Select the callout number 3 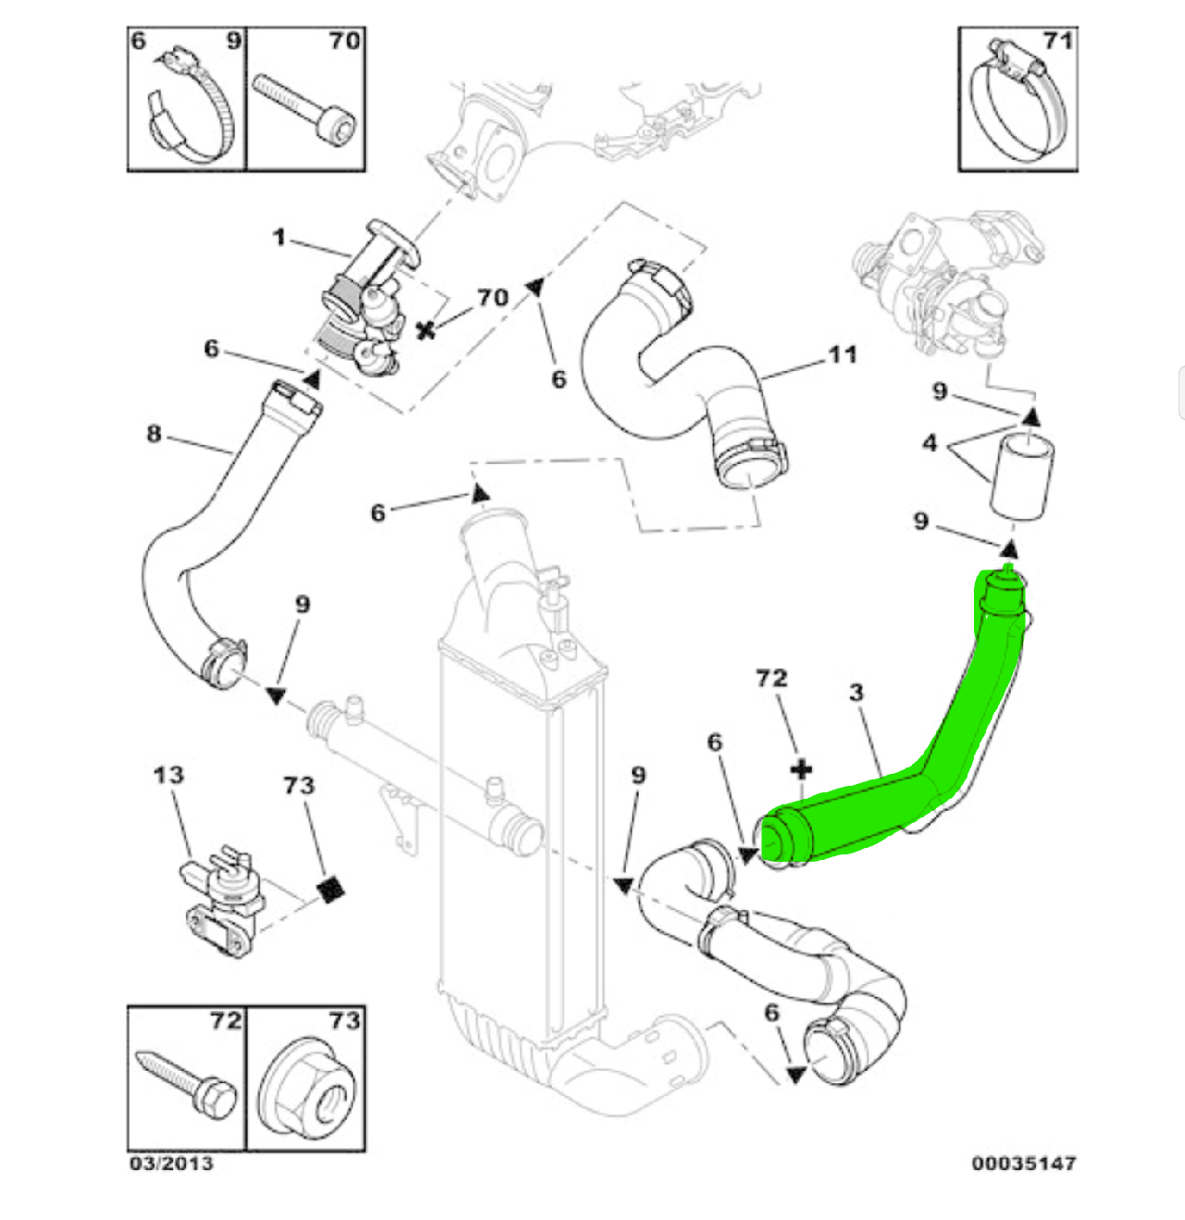[x=855, y=691]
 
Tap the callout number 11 [x=842, y=354]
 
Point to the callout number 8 [x=154, y=433]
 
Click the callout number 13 [x=168, y=774]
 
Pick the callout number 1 [x=279, y=237]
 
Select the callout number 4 [x=929, y=442]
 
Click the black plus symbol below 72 [x=802, y=769]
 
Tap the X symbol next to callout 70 [x=426, y=329]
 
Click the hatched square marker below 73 [x=331, y=889]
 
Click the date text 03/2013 [x=171, y=1163]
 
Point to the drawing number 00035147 [x=1024, y=1163]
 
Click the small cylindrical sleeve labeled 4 [x=1024, y=474]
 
